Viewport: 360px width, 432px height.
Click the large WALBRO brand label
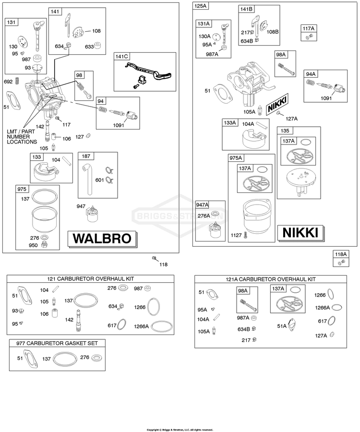click(102, 239)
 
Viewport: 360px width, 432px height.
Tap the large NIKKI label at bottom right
click(300, 233)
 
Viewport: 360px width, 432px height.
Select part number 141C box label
click(121, 57)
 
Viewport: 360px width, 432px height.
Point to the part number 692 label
click(8, 82)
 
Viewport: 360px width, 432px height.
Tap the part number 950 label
click(33, 245)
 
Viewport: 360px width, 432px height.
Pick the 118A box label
click(341, 254)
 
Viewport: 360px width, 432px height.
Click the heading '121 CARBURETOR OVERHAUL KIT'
click(91, 279)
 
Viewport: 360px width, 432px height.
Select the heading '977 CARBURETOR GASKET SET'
click(57, 343)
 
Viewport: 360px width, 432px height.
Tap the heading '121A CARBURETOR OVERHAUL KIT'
click(271, 279)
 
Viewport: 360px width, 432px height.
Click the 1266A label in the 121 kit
click(141, 326)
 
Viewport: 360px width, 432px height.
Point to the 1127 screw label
click(236, 235)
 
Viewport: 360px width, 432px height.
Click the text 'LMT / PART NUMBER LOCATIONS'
click(22, 137)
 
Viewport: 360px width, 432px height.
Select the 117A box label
click(309, 28)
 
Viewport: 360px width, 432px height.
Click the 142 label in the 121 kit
click(70, 320)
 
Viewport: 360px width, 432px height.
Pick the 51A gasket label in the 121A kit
click(281, 326)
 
